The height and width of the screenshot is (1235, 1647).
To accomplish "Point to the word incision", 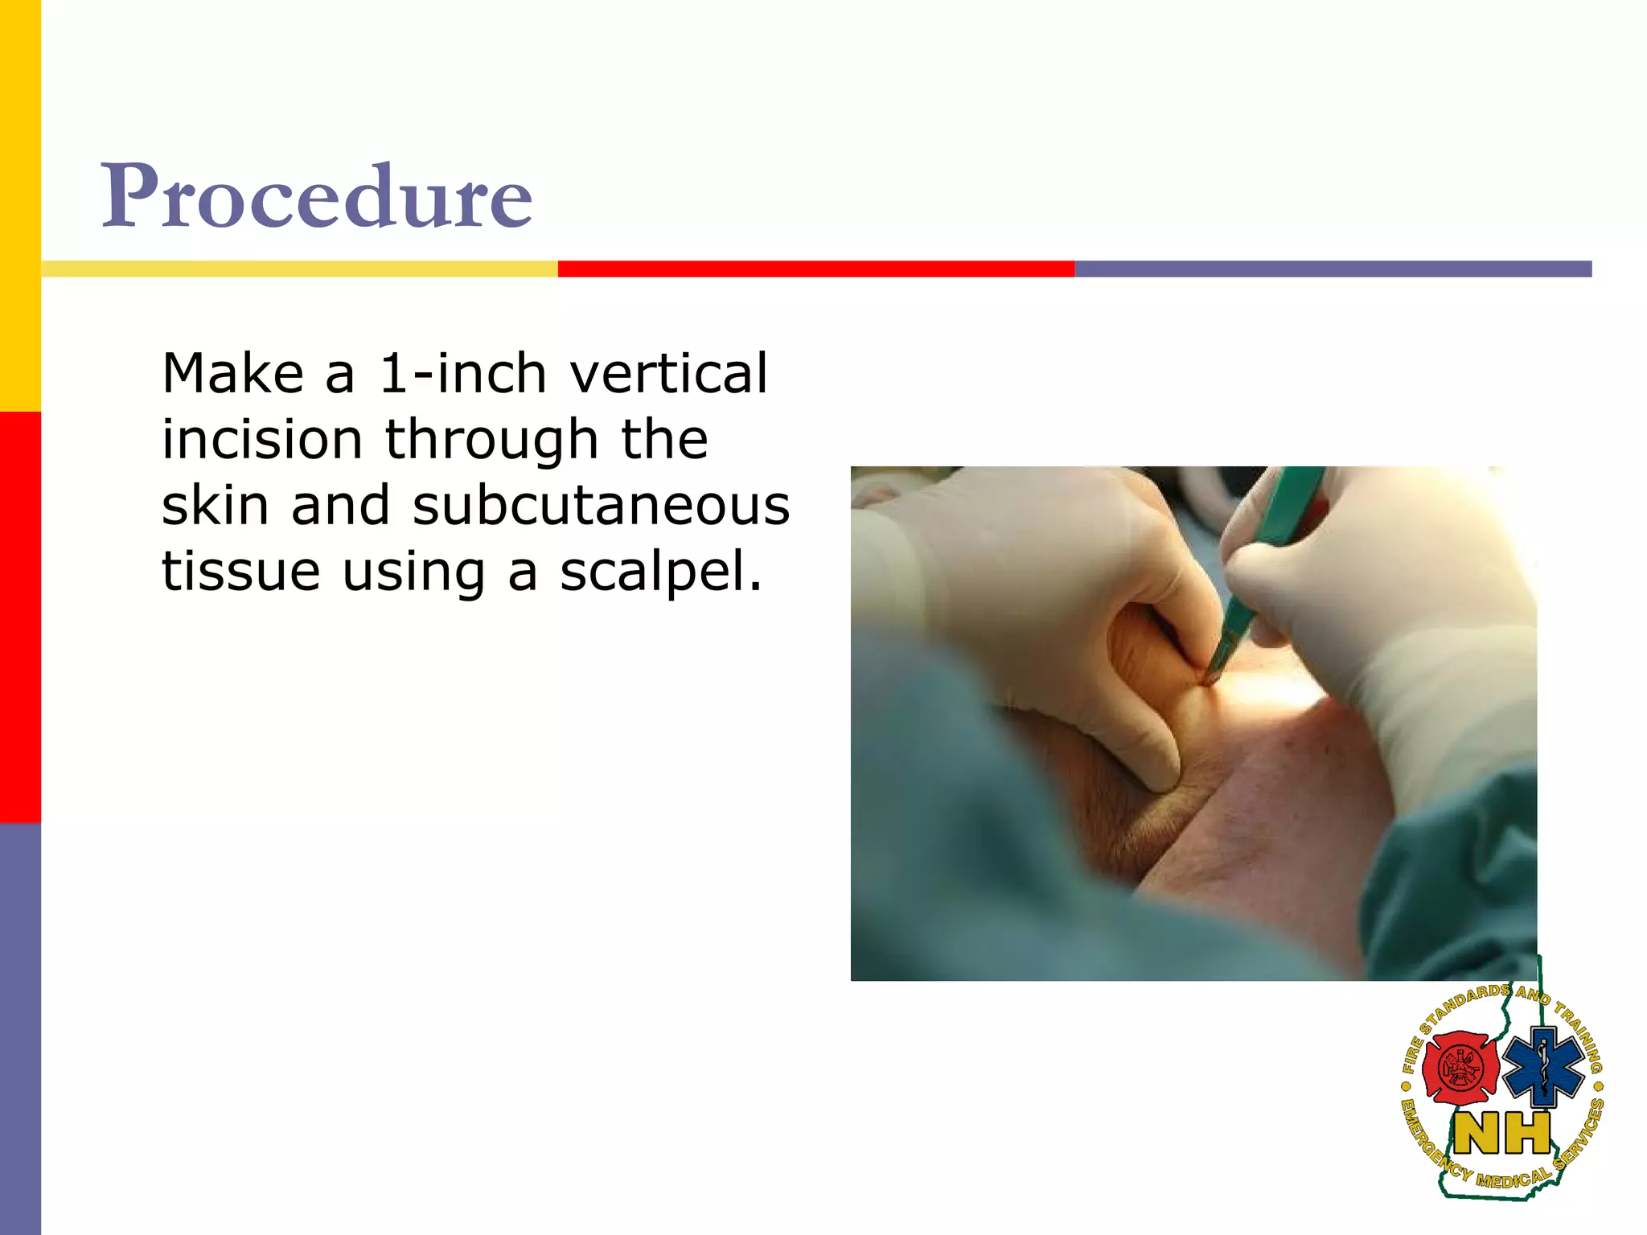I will pyautogui.click(x=262, y=440).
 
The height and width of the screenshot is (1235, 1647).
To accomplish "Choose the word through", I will pyautogui.click(x=491, y=441).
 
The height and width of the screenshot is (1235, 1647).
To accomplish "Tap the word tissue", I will pyautogui.click(x=240, y=572).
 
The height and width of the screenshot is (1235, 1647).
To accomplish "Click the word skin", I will pyautogui.click(x=215, y=506).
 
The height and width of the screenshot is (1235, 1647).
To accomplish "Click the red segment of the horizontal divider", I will pyautogui.click(x=815, y=269).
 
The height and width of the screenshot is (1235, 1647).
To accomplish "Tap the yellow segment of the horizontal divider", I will pyautogui.click(x=299, y=269).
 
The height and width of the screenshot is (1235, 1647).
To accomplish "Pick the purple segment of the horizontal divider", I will pyautogui.click(x=1333, y=269).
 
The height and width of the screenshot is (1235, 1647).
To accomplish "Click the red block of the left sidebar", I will pyautogui.click(x=20, y=617).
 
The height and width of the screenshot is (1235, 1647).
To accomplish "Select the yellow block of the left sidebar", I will pyautogui.click(x=20, y=205).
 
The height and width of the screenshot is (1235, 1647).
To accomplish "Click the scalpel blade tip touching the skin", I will pyautogui.click(x=1208, y=680).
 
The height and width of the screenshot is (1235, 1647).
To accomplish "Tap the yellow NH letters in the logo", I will pyautogui.click(x=1502, y=1134).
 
